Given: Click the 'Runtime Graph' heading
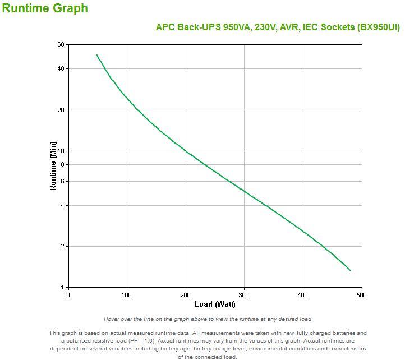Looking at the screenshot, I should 45,8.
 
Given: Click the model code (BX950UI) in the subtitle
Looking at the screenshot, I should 379,27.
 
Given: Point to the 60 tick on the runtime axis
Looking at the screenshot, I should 61,44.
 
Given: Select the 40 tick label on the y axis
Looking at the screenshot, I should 61,69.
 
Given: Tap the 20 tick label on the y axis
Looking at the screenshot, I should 61,110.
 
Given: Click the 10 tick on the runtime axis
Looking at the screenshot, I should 61,151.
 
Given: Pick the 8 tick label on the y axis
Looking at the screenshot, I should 62,164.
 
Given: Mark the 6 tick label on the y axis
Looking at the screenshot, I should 62,181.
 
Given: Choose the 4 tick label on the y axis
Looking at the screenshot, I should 62,205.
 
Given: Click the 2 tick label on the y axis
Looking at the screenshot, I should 62,247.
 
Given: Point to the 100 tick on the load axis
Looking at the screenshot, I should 127,295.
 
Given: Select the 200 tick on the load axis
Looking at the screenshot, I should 186,295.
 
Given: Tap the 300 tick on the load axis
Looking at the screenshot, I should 245,295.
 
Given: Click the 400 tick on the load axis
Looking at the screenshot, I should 303,295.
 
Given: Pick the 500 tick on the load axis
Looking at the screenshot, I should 362,295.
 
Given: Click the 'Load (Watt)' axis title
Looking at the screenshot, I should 215,304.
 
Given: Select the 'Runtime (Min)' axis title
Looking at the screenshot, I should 53,166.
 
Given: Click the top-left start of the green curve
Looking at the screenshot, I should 96,55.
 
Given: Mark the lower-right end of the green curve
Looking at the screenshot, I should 350,270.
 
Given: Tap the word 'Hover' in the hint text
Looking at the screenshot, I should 113,319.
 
